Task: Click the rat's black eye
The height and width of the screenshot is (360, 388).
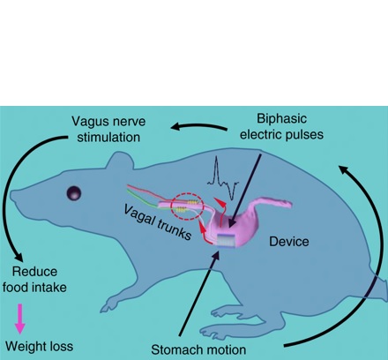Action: point(74,193)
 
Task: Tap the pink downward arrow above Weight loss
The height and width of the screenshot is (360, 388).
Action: point(19,319)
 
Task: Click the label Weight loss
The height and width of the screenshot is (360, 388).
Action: point(39,346)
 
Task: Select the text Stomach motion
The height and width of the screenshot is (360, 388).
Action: point(198,350)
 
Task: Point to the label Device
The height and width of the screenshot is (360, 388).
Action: point(289,242)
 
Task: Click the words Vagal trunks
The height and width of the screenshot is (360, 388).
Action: point(158,222)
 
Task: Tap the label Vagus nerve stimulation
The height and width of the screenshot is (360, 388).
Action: point(108,130)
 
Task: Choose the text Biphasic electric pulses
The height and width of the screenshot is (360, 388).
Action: point(281,126)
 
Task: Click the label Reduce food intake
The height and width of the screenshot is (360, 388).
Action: point(34,280)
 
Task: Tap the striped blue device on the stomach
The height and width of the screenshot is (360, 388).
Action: point(227,240)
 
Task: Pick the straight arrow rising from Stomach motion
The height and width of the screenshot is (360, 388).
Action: point(198,294)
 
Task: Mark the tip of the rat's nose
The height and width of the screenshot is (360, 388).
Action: point(11,195)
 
